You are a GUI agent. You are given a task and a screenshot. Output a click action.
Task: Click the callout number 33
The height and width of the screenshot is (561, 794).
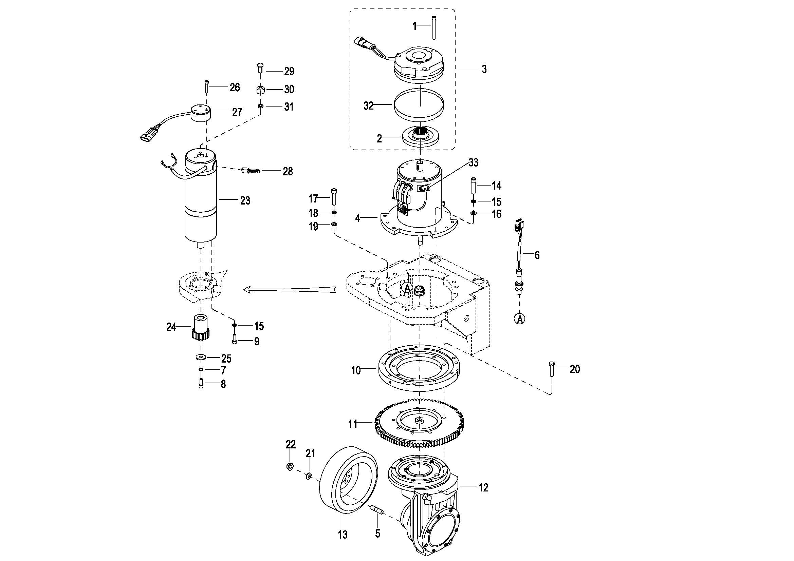point(474,162)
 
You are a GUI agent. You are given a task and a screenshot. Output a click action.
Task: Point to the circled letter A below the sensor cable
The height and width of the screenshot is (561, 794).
point(520,318)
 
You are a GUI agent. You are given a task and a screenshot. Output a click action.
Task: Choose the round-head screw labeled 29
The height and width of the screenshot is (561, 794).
point(261,67)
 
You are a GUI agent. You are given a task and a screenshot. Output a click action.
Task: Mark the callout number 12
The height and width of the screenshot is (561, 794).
point(483,487)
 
